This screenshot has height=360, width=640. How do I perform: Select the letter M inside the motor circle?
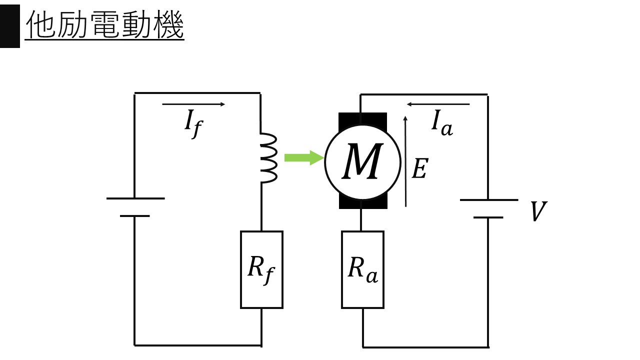click(x=362, y=162)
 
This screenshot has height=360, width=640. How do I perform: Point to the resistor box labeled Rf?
click(x=261, y=269)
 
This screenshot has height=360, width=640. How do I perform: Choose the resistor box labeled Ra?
click(x=362, y=269)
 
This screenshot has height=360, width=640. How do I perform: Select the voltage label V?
click(x=538, y=212)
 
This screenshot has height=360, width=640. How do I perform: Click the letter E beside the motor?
click(x=419, y=169)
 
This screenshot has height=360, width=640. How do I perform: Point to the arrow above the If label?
click(x=193, y=104)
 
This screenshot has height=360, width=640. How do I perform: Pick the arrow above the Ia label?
click(x=438, y=104)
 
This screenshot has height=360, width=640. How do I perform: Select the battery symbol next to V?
click(x=488, y=208)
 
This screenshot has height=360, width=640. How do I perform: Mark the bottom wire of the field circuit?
click(x=198, y=345)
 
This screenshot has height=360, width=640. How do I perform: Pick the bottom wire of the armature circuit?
click(x=425, y=346)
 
